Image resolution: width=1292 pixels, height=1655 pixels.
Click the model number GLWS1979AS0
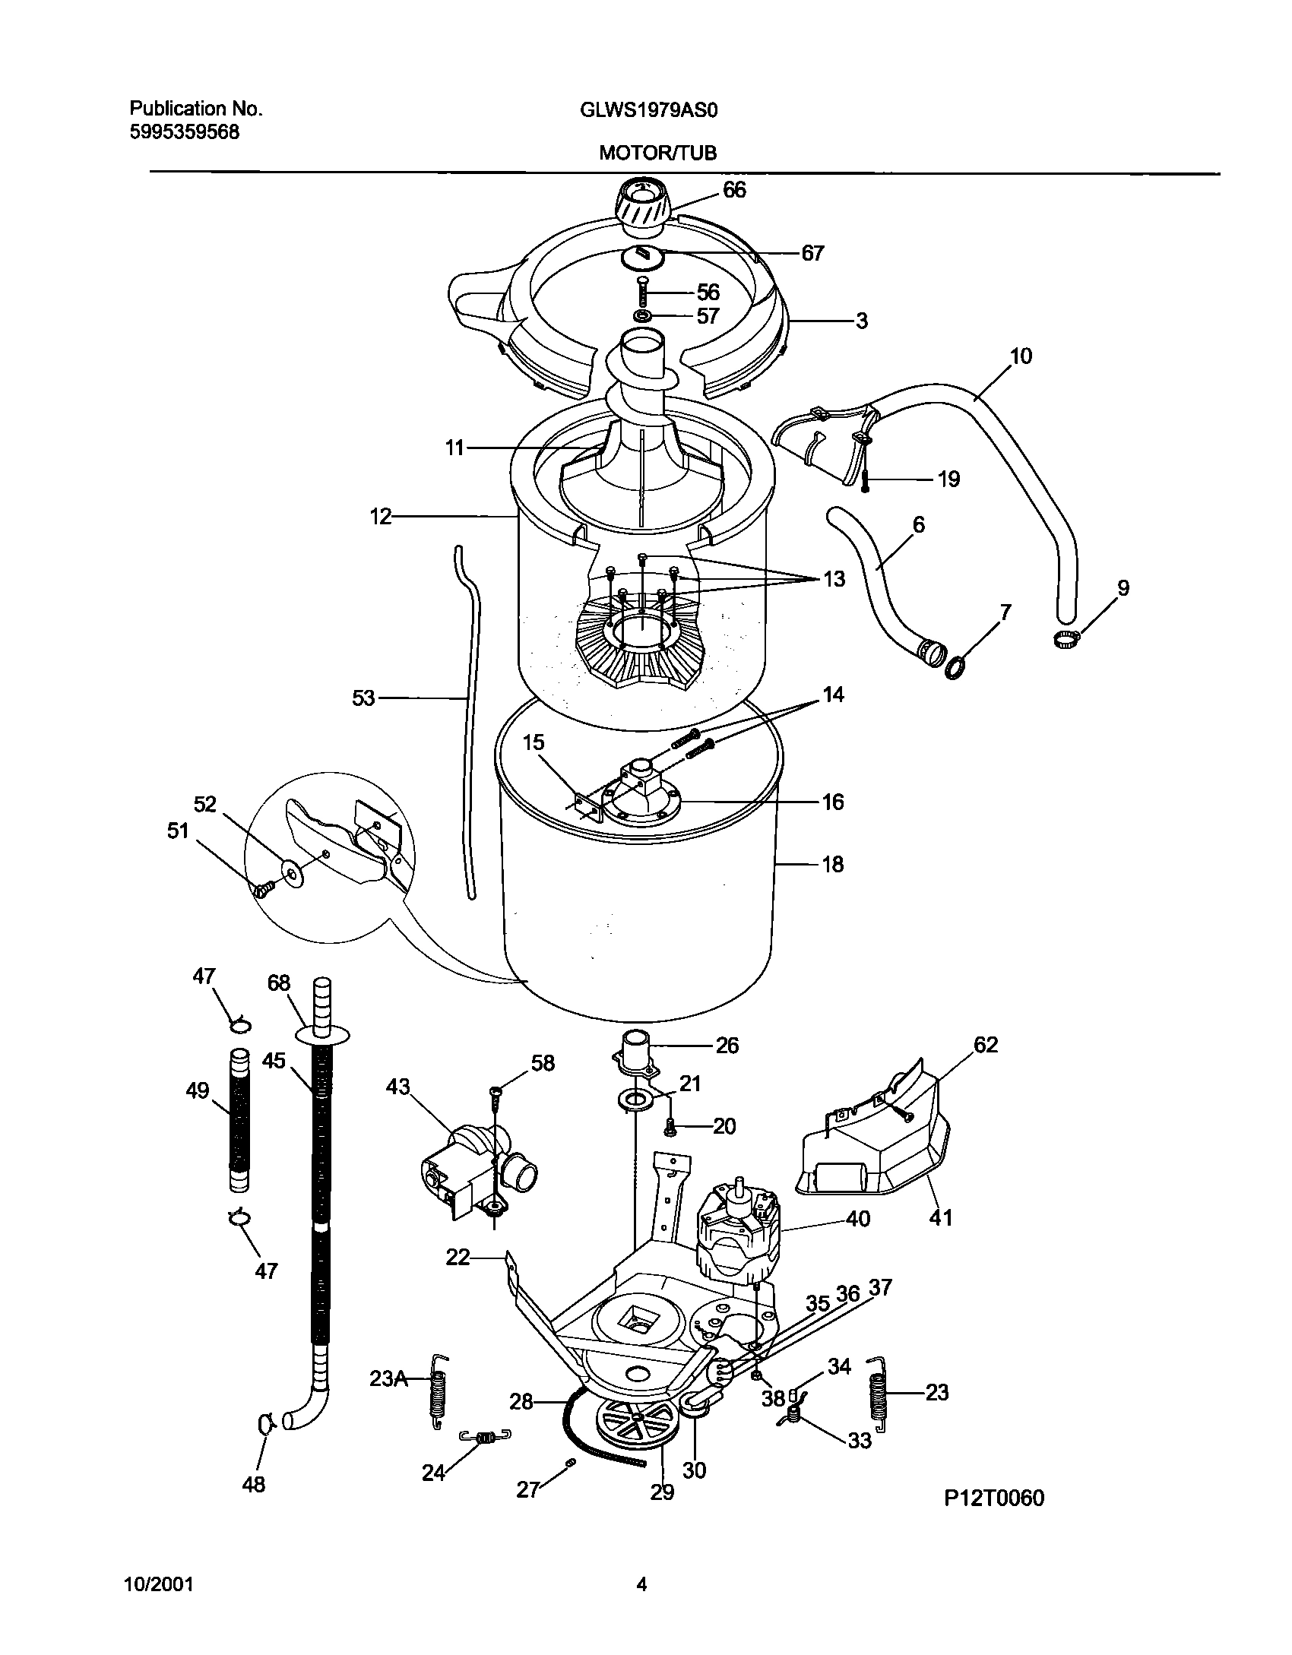[x=649, y=110]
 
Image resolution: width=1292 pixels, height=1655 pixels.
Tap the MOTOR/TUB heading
[x=657, y=153]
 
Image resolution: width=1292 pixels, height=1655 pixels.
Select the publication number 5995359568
[x=184, y=132]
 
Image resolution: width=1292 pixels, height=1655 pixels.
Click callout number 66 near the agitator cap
[x=734, y=190]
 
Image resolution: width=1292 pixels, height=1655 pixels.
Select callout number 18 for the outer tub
[x=833, y=864]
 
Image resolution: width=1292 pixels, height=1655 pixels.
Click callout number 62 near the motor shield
[x=985, y=1045]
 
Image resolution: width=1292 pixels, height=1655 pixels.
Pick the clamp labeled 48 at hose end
[x=264, y=1421]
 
